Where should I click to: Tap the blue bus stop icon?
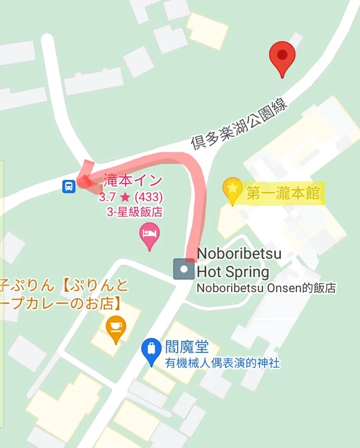coord(69,186)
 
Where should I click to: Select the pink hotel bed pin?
coord(149,234)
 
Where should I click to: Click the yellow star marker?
coord(233,188)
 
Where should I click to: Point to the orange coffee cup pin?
coord(116,326)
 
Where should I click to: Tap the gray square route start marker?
coord(184,269)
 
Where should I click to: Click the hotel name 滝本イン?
coord(133,181)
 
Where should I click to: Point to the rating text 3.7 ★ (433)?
coord(130,198)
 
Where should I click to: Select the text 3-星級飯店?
coord(134,213)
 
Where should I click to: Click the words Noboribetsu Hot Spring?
coord(233,262)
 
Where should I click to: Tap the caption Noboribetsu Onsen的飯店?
coord(266,287)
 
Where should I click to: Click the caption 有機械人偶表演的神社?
coord(222,363)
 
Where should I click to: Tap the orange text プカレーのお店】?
coord(61,305)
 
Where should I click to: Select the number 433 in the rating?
coord(148,198)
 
